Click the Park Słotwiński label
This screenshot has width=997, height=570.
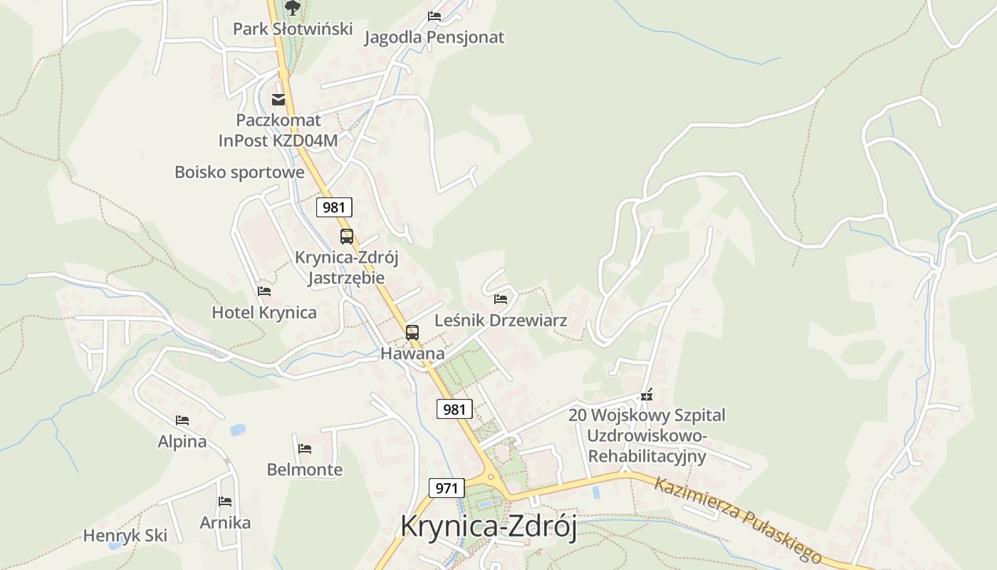pos(293,29)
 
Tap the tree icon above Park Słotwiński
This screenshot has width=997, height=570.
pos(293,7)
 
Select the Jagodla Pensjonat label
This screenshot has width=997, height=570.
pos(434,38)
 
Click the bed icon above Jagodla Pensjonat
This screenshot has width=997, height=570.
pos(434,16)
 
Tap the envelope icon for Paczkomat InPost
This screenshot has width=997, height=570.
pos(278,99)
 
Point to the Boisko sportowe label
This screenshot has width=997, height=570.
pos(239,172)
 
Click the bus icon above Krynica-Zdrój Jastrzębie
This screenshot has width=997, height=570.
pos(347,237)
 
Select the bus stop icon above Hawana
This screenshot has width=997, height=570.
pos(412,332)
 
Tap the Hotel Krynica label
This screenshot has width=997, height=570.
pos(264,313)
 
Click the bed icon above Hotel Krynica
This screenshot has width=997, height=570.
pos(264,291)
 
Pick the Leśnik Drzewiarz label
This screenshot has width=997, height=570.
pos(501,321)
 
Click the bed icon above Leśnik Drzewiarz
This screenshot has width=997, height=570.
pos(501,299)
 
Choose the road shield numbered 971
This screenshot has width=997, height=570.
pos(447,488)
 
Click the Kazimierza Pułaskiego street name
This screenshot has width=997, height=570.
pos(737,519)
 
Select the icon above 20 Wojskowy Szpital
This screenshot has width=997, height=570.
pos(647,395)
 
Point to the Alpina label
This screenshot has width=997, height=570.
pos(182,442)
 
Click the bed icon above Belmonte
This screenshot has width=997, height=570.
pos(305,448)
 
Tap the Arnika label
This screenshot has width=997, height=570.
pos(225,523)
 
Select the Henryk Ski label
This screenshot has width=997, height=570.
pos(125,536)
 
